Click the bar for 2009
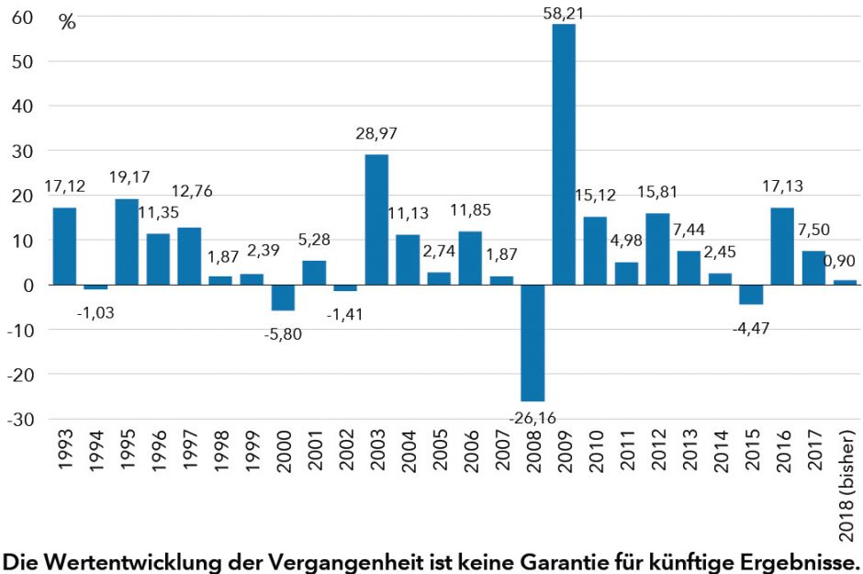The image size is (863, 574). (564, 154)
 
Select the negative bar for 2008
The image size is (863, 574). (532, 343)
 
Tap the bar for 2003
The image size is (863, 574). (376, 219)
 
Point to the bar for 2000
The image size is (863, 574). (283, 298)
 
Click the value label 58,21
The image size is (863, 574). (563, 12)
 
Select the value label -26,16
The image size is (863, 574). (532, 418)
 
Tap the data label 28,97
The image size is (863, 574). (376, 134)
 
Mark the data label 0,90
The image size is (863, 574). (840, 261)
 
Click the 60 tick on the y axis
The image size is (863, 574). (23, 17)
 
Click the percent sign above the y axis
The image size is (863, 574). (68, 23)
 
